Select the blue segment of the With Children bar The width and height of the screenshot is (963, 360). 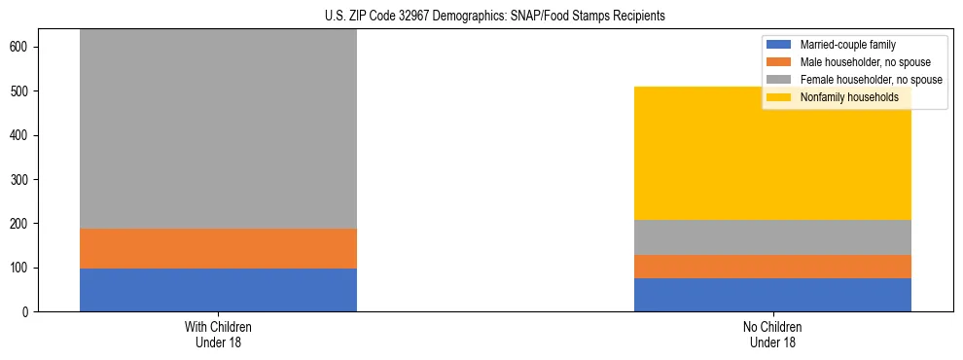click(218, 290)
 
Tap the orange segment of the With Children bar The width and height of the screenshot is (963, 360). click(218, 248)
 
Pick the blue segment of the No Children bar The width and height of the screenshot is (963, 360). click(772, 295)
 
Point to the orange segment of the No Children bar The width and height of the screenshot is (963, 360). click(772, 267)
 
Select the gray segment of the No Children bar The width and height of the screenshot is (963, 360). click(772, 237)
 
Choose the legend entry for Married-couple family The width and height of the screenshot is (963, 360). click(847, 45)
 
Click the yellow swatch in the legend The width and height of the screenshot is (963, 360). click(780, 97)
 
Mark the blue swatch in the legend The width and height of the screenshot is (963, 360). click(780, 45)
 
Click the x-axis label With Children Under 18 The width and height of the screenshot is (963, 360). click(218, 334)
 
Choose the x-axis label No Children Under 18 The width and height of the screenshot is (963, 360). click(772, 334)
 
